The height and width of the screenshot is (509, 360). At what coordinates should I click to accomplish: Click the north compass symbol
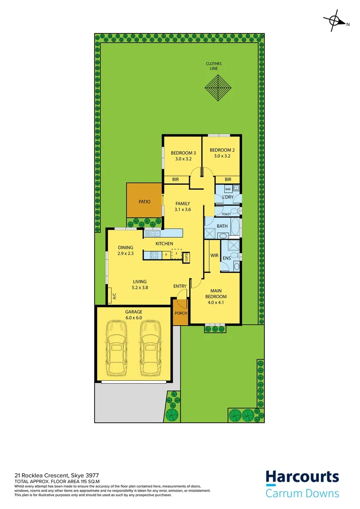(335, 21)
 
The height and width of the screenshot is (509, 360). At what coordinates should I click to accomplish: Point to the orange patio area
(144, 201)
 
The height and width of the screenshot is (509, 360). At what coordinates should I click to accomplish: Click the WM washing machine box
(228, 189)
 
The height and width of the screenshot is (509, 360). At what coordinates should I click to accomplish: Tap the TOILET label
(227, 213)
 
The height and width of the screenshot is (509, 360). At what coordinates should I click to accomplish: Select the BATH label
(222, 226)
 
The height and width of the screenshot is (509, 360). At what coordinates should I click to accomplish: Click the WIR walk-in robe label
(214, 255)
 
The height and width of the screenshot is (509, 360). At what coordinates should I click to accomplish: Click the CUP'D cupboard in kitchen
(187, 256)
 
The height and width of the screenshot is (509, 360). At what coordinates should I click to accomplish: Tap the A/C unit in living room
(114, 296)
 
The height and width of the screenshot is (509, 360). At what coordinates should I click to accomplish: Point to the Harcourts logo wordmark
(302, 476)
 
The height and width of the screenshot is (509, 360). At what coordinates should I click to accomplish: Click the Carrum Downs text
(302, 493)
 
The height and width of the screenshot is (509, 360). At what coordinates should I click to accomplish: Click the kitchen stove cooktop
(153, 255)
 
